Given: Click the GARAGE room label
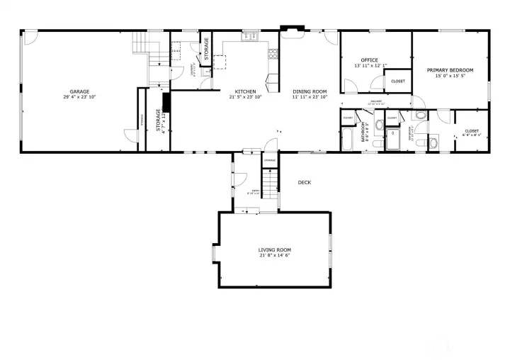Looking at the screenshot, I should coord(79,91).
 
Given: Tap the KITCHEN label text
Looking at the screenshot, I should coord(245,91).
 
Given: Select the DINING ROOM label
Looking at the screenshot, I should coord(310,91).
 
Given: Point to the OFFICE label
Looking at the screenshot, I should coord(369,60).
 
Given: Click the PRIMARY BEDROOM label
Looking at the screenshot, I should coord(450,70).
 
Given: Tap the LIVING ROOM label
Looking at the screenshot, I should coord(274,249).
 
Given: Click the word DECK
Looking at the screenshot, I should coord(304,182).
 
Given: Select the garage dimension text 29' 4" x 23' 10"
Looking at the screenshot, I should coord(79,97).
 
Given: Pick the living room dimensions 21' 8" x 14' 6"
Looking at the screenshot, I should coord(274,255).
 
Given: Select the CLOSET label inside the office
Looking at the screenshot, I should coord(398,81).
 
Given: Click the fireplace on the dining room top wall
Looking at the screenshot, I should coord(292,30).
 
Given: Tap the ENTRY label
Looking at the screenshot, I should coord(252,192).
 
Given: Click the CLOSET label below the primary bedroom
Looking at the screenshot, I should coord(471,130).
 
